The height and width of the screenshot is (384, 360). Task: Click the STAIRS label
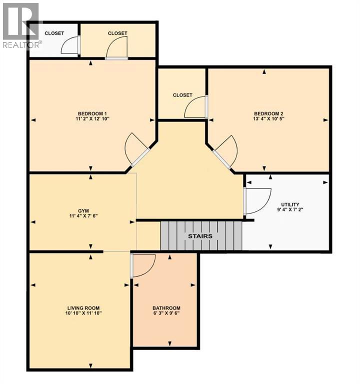(x=200, y=236)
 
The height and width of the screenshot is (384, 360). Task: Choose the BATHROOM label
(x=166, y=308)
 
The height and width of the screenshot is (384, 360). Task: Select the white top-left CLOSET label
(x=54, y=33)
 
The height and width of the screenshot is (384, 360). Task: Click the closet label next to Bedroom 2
(x=182, y=95)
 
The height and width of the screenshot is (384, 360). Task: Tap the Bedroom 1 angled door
(x=135, y=149)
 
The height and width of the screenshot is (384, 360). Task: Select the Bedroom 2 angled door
(x=225, y=151)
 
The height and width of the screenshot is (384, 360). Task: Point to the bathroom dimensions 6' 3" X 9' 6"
(x=166, y=314)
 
